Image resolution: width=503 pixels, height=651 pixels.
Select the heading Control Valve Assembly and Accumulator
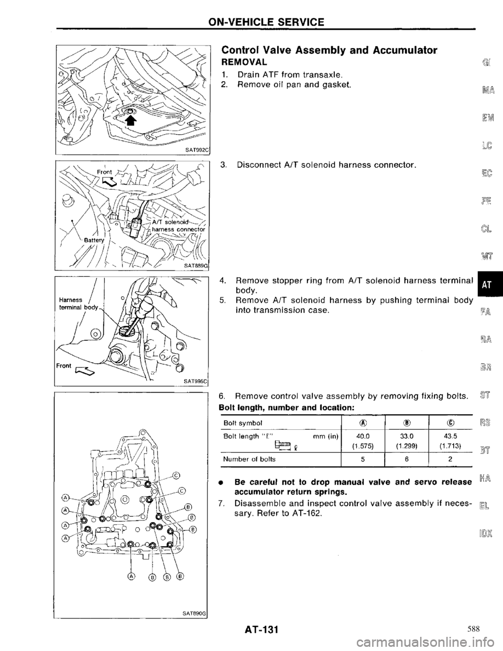pos(330,50)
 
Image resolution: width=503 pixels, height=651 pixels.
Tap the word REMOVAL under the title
pos(244,62)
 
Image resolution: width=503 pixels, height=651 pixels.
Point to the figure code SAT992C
pos(194,149)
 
